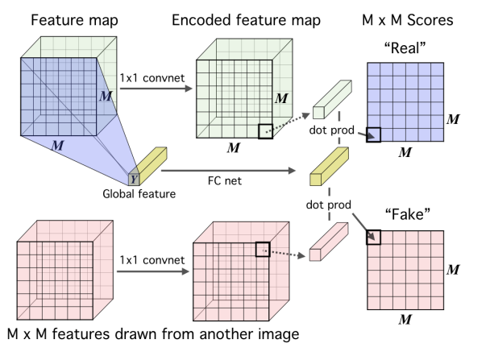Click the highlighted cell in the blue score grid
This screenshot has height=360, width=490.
[x=373, y=135]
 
